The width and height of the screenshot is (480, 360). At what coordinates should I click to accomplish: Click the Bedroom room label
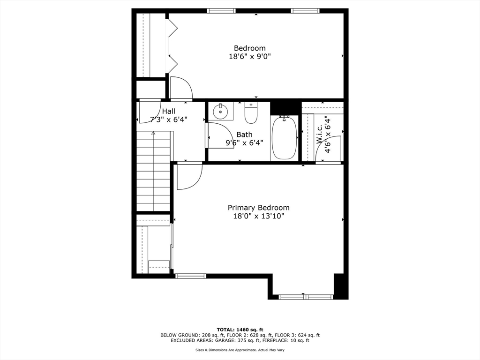249,48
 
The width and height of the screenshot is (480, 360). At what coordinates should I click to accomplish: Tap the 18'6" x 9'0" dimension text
249,56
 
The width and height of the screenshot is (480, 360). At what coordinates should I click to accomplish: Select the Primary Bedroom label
258,208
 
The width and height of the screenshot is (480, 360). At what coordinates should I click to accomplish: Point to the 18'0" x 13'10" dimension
258,216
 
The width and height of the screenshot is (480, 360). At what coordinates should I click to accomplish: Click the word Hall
169,111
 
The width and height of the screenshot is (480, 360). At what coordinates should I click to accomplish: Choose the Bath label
244,135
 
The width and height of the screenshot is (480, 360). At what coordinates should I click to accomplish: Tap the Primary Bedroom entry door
188,176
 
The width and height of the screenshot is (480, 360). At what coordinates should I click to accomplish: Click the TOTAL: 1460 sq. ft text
240,330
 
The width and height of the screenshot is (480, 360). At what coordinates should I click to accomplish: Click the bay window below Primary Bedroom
306,297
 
